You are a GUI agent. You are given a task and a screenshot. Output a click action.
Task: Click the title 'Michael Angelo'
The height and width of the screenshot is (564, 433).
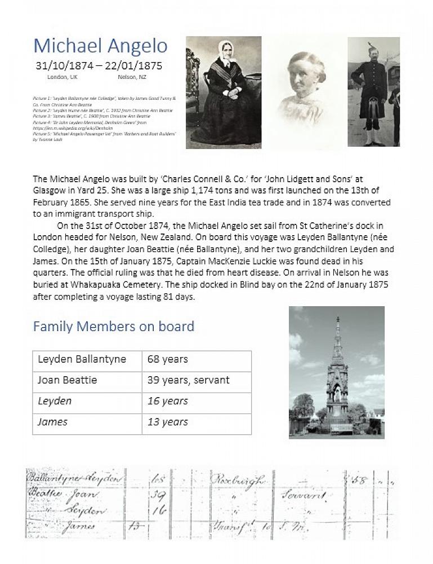point(100,46)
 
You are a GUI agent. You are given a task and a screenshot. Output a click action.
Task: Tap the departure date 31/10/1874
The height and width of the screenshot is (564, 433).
point(62,65)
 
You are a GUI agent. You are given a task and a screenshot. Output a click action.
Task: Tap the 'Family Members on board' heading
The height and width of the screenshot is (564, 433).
point(113,326)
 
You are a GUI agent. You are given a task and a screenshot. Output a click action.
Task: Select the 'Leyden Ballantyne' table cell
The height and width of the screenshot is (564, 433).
point(82,359)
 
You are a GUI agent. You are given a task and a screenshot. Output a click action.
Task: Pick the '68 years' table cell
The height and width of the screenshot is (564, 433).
point(168,359)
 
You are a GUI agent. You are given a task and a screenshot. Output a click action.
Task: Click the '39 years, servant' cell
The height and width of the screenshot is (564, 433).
point(188,380)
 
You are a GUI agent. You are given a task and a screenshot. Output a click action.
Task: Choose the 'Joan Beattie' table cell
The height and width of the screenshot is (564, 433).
point(67,380)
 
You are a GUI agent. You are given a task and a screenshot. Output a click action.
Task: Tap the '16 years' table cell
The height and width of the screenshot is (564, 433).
point(167,401)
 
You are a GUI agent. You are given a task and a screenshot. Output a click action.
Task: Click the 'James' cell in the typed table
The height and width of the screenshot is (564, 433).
point(52,422)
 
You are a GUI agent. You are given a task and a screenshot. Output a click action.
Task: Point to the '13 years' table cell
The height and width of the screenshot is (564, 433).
point(167,422)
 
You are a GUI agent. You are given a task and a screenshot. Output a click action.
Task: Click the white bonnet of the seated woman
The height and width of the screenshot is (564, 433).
point(226,49)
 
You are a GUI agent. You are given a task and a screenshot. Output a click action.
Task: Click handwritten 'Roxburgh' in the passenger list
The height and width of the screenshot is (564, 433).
point(238,481)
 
